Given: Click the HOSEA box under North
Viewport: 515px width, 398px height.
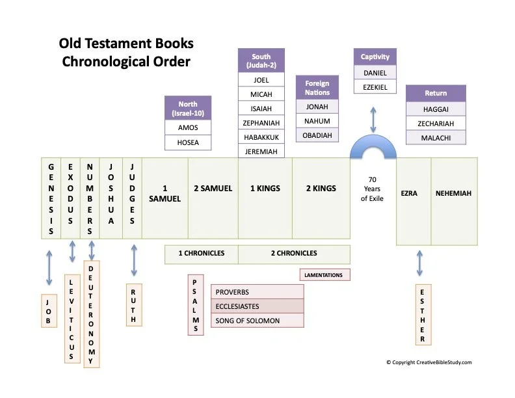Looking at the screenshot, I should coord(188,142).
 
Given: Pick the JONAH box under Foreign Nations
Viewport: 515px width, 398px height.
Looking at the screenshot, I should coord(317,107).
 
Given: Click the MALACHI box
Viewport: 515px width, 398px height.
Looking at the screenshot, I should coord(436,137).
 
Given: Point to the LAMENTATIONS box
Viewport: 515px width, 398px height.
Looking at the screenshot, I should coord(324,275).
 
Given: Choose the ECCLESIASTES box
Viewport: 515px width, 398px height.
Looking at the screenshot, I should coord(257,306).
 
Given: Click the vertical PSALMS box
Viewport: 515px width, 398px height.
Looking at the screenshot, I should coord(195,305).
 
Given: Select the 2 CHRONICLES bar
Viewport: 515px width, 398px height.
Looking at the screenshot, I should coord(294,254).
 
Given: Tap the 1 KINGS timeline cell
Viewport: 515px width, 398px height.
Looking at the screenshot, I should coord(265,189).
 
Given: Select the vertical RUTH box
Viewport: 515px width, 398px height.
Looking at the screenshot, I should coord(133,306).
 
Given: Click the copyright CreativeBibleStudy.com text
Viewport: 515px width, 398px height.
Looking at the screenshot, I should coord(429,362).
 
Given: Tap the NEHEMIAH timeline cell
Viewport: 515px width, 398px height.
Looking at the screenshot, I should coord(454,193).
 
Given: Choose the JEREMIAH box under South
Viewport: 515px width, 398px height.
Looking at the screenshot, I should coord(261,152).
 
